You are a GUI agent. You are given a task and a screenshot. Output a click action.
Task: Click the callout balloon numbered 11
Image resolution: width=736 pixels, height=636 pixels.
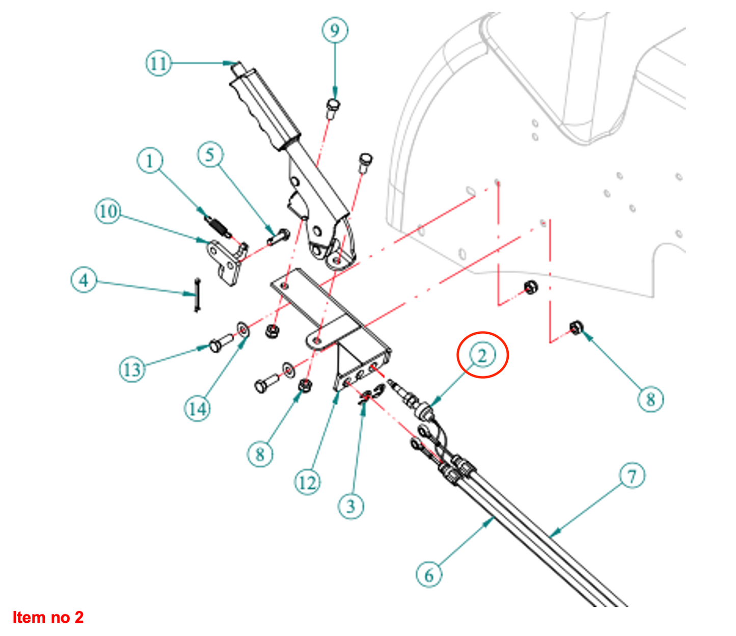click(x=158, y=64)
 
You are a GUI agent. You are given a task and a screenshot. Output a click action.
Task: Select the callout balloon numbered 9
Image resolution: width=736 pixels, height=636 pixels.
click(x=335, y=30)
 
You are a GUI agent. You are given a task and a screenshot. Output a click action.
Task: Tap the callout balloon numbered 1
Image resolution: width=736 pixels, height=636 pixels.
click(x=150, y=161)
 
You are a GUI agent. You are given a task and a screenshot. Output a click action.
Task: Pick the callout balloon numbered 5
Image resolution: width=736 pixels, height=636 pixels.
click(x=210, y=154)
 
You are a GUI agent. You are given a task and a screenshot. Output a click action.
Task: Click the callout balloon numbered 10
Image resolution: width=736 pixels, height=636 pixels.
click(x=107, y=211)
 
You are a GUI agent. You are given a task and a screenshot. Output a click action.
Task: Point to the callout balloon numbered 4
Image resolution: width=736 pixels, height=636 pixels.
click(x=84, y=280)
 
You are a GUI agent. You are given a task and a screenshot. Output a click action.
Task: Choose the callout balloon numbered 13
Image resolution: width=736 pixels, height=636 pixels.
click(x=132, y=369)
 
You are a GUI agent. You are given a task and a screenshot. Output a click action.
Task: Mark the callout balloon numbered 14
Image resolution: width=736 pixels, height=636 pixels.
click(x=198, y=409)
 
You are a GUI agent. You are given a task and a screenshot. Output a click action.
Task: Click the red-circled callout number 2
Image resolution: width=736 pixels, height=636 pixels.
click(x=482, y=355)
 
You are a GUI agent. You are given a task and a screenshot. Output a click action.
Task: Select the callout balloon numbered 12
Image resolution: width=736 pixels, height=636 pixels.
click(x=307, y=482)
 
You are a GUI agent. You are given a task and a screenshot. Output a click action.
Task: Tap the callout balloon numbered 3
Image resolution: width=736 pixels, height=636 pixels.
click(x=351, y=506)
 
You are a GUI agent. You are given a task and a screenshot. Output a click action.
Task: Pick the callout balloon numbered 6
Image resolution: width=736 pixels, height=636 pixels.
click(x=429, y=575)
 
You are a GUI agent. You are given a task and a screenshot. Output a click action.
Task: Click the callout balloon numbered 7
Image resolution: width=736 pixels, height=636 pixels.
click(x=632, y=476)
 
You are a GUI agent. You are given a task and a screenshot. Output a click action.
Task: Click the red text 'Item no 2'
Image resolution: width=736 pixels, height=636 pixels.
click(x=48, y=617)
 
